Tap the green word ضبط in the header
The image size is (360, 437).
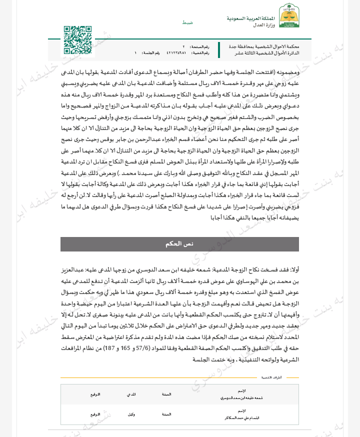[187, 23]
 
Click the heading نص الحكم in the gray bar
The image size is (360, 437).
[179, 244]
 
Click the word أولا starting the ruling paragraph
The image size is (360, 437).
[294, 269]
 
